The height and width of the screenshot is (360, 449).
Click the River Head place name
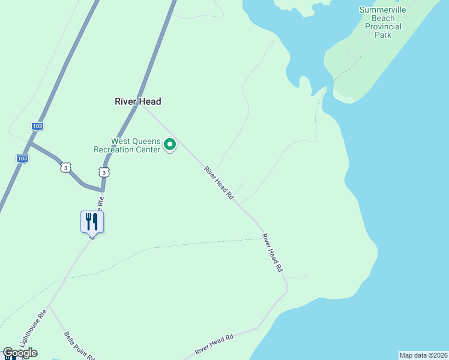coord(138,101)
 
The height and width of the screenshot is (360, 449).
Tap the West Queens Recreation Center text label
coord(127,145)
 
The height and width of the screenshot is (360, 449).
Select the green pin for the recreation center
coord(170,144)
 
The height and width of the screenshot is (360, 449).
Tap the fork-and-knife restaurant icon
coord(92,221)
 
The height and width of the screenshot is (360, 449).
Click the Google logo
coord(20,353)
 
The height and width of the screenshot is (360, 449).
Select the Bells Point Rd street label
coord(79,345)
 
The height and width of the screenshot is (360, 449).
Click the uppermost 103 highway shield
coord(38,127)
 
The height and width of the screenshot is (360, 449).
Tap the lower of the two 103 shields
coord(22,158)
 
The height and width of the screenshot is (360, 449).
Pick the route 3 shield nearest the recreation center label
coord(104,173)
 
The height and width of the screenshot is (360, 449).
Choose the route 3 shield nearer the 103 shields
coord(65,168)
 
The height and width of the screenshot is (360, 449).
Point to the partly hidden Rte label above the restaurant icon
coord(101,202)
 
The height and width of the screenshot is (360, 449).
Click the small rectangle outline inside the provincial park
coord(357,47)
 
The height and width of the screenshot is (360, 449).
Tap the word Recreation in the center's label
coord(119,149)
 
